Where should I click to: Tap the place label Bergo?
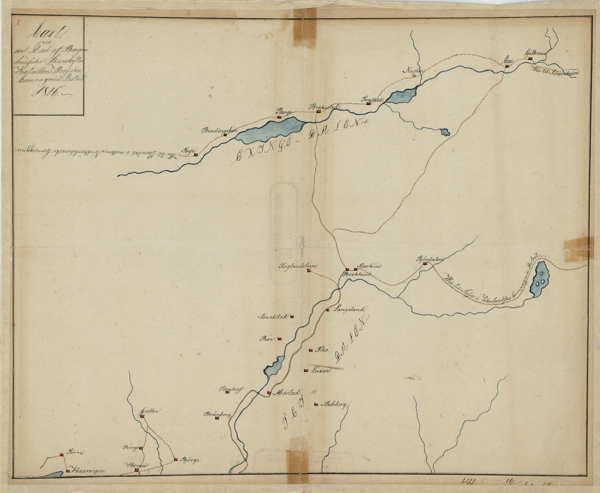285,112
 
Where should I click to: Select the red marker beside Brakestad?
318,111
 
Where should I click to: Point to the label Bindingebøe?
218,130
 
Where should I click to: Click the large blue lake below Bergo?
272,129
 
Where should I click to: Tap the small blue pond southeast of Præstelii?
445,132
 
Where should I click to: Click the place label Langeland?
351,309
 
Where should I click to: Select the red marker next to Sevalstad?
292,317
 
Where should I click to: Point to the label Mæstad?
286,392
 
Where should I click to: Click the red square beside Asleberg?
316,404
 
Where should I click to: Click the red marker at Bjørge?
176,459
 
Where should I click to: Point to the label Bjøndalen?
430,259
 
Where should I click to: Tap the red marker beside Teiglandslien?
309,271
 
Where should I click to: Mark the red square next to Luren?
306,370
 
